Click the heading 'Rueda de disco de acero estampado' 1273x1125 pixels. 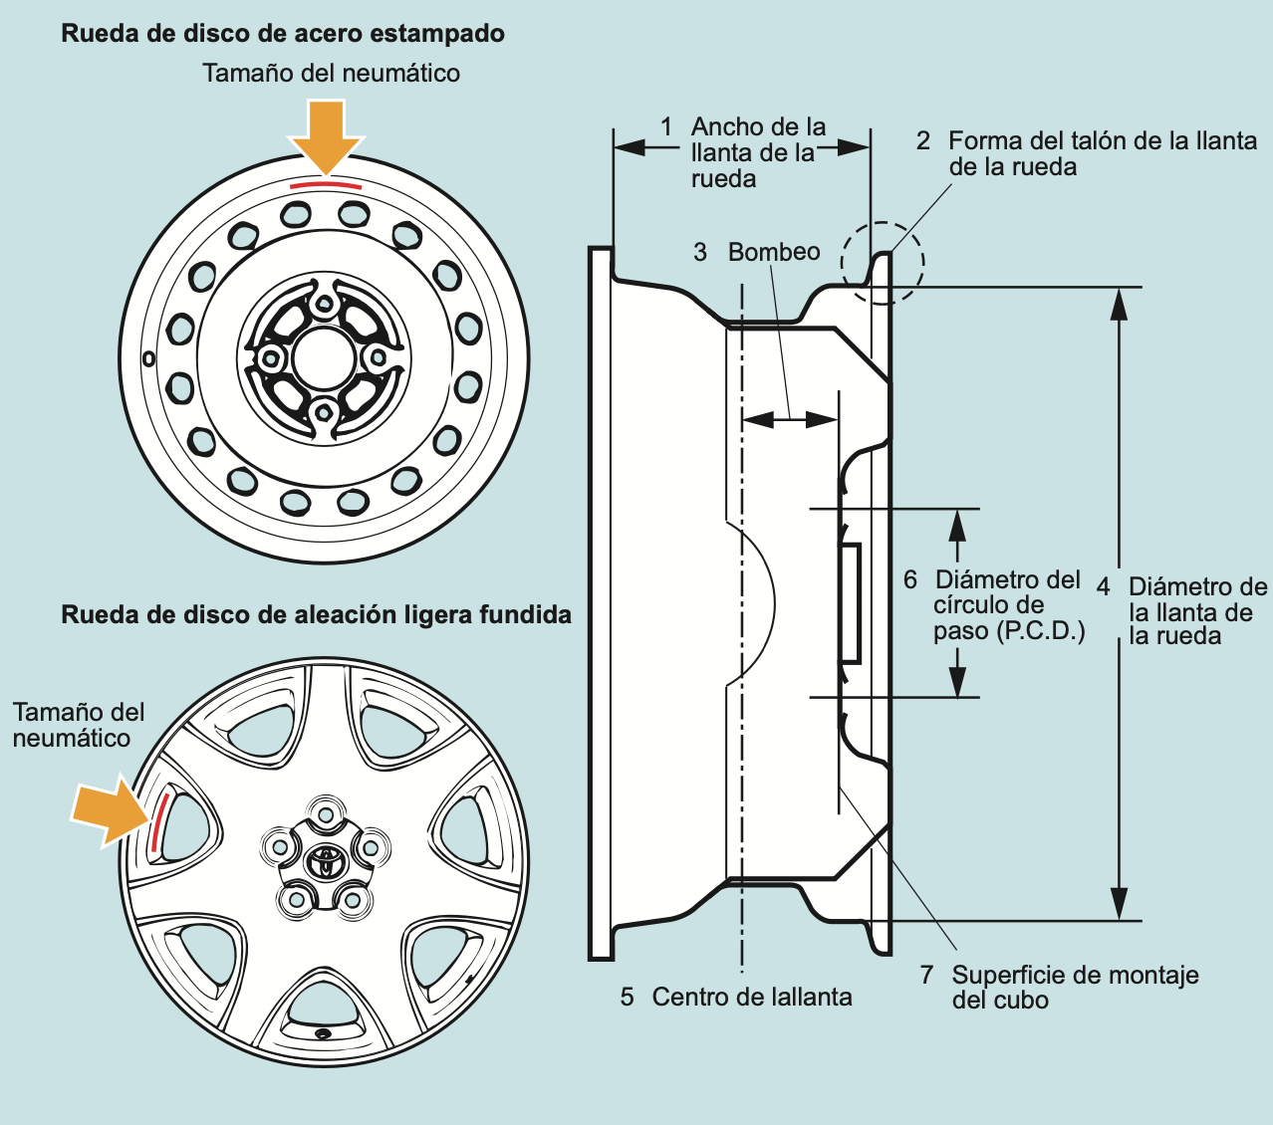(x=283, y=34)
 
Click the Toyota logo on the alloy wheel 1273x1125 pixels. (x=325, y=860)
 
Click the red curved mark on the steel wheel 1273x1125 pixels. (x=326, y=184)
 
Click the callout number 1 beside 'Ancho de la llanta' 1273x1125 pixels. (x=666, y=126)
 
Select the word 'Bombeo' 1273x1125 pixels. (x=774, y=252)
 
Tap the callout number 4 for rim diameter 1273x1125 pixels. (x=1103, y=586)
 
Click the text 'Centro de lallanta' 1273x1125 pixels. (x=751, y=997)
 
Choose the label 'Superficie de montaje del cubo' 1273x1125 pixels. (x=1074, y=987)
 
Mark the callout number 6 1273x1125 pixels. (x=909, y=579)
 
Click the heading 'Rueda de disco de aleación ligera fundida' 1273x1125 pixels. (x=317, y=614)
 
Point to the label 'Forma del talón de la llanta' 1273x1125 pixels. (x=1102, y=141)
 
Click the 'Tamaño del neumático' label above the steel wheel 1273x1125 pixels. (x=331, y=73)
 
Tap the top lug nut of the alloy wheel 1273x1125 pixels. (x=325, y=812)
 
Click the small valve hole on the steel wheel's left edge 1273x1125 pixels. (x=148, y=357)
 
